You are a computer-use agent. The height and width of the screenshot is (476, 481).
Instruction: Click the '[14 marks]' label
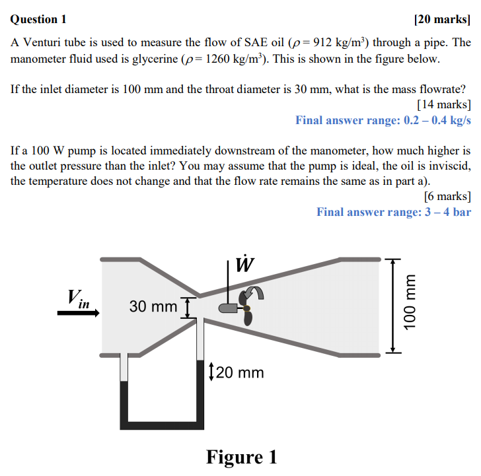click(x=444, y=104)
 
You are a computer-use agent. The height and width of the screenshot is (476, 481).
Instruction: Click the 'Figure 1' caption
click(x=242, y=456)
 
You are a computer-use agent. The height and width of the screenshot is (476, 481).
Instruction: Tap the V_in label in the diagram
click(x=78, y=298)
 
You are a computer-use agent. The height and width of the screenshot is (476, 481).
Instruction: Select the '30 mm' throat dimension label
click(x=153, y=306)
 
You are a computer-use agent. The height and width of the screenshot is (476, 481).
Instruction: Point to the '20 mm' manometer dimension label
click(x=240, y=373)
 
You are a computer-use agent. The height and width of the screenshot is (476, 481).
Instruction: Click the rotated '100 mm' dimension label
click(x=410, y=306)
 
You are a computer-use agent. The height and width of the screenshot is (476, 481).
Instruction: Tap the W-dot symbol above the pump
click(x=244, y=264)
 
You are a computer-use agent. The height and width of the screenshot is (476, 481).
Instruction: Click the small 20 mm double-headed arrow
click(x=210, y=372)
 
